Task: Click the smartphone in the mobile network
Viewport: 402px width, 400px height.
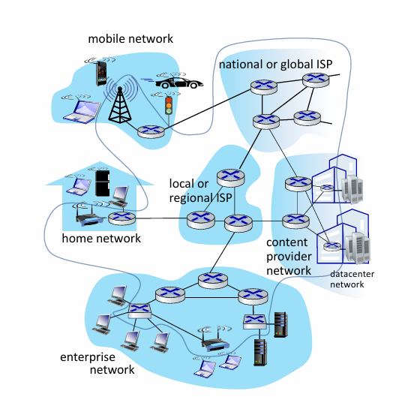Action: coord(101,74)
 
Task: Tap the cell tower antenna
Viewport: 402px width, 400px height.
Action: coord(120,104)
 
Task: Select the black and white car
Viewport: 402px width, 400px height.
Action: coord(179,83)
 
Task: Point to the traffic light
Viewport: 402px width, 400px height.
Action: coord(169,106)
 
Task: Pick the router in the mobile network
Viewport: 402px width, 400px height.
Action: coord(151,132)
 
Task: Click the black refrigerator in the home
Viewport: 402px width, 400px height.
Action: coord(103,183)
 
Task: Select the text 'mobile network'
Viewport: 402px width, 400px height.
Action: coord(130,39)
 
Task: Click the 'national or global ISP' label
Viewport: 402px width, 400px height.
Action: coord(275,65)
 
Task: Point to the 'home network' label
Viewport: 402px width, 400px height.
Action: coord(101,239)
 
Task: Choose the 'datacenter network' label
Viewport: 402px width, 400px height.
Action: coord(352,279)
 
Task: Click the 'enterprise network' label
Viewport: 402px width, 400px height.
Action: coord(97,363)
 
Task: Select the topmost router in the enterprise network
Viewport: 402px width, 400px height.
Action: coord(213,281)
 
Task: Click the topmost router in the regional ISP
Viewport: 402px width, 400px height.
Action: coord(230,178)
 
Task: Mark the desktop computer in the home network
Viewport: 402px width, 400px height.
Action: coord(119,197)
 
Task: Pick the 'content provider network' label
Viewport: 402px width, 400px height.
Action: coord(289,257)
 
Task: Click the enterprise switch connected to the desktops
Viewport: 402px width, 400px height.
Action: coord(139,311)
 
